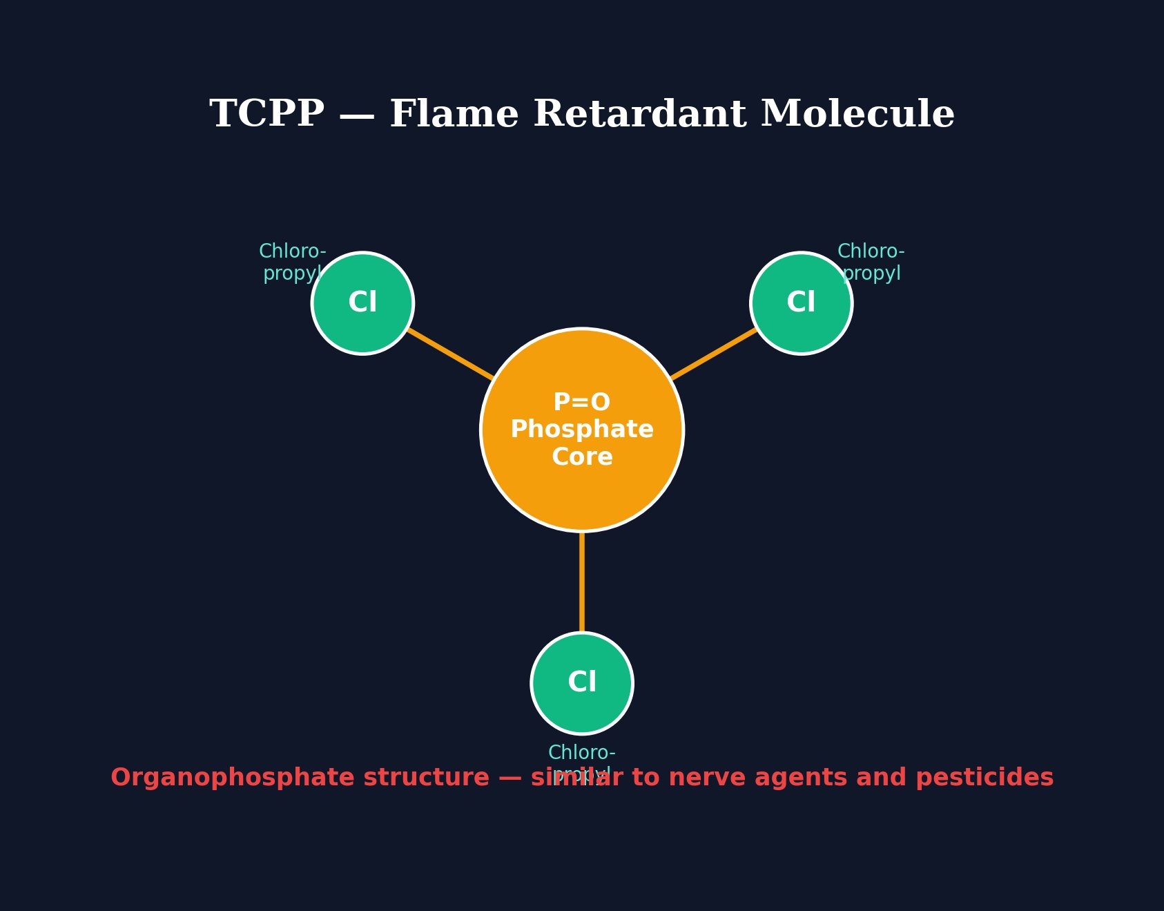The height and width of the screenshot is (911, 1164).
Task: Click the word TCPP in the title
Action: (x=266, y=115)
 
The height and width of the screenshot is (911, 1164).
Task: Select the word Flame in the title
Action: (x=454, y=115)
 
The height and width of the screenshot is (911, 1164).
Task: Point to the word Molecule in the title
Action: (x=857, y=115)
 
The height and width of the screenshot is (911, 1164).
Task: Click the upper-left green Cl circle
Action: (x=362, y=303)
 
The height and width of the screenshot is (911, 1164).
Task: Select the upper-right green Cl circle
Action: (x=801, y=303)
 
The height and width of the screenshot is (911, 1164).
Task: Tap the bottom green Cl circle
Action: (x=582, y=683)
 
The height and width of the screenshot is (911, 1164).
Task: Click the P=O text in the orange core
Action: (x=582, y=403)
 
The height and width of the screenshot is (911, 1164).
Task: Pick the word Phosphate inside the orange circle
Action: (x=582, y=430)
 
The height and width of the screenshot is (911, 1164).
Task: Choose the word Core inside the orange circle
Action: (x=582, y=457)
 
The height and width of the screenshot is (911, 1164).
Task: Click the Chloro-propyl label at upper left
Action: (x=292, y=262)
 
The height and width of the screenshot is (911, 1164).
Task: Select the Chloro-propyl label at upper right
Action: (x=871, y=262)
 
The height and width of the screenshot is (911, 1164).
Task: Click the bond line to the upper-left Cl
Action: (x=450, y=354)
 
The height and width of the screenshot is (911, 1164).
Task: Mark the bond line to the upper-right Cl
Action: (x=714, y=354)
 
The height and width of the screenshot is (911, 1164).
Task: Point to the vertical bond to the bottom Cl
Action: (x=582, y=582)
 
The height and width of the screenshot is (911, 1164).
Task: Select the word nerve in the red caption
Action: (x=717, y=778)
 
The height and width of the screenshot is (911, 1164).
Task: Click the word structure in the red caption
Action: (x=426, y=778)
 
